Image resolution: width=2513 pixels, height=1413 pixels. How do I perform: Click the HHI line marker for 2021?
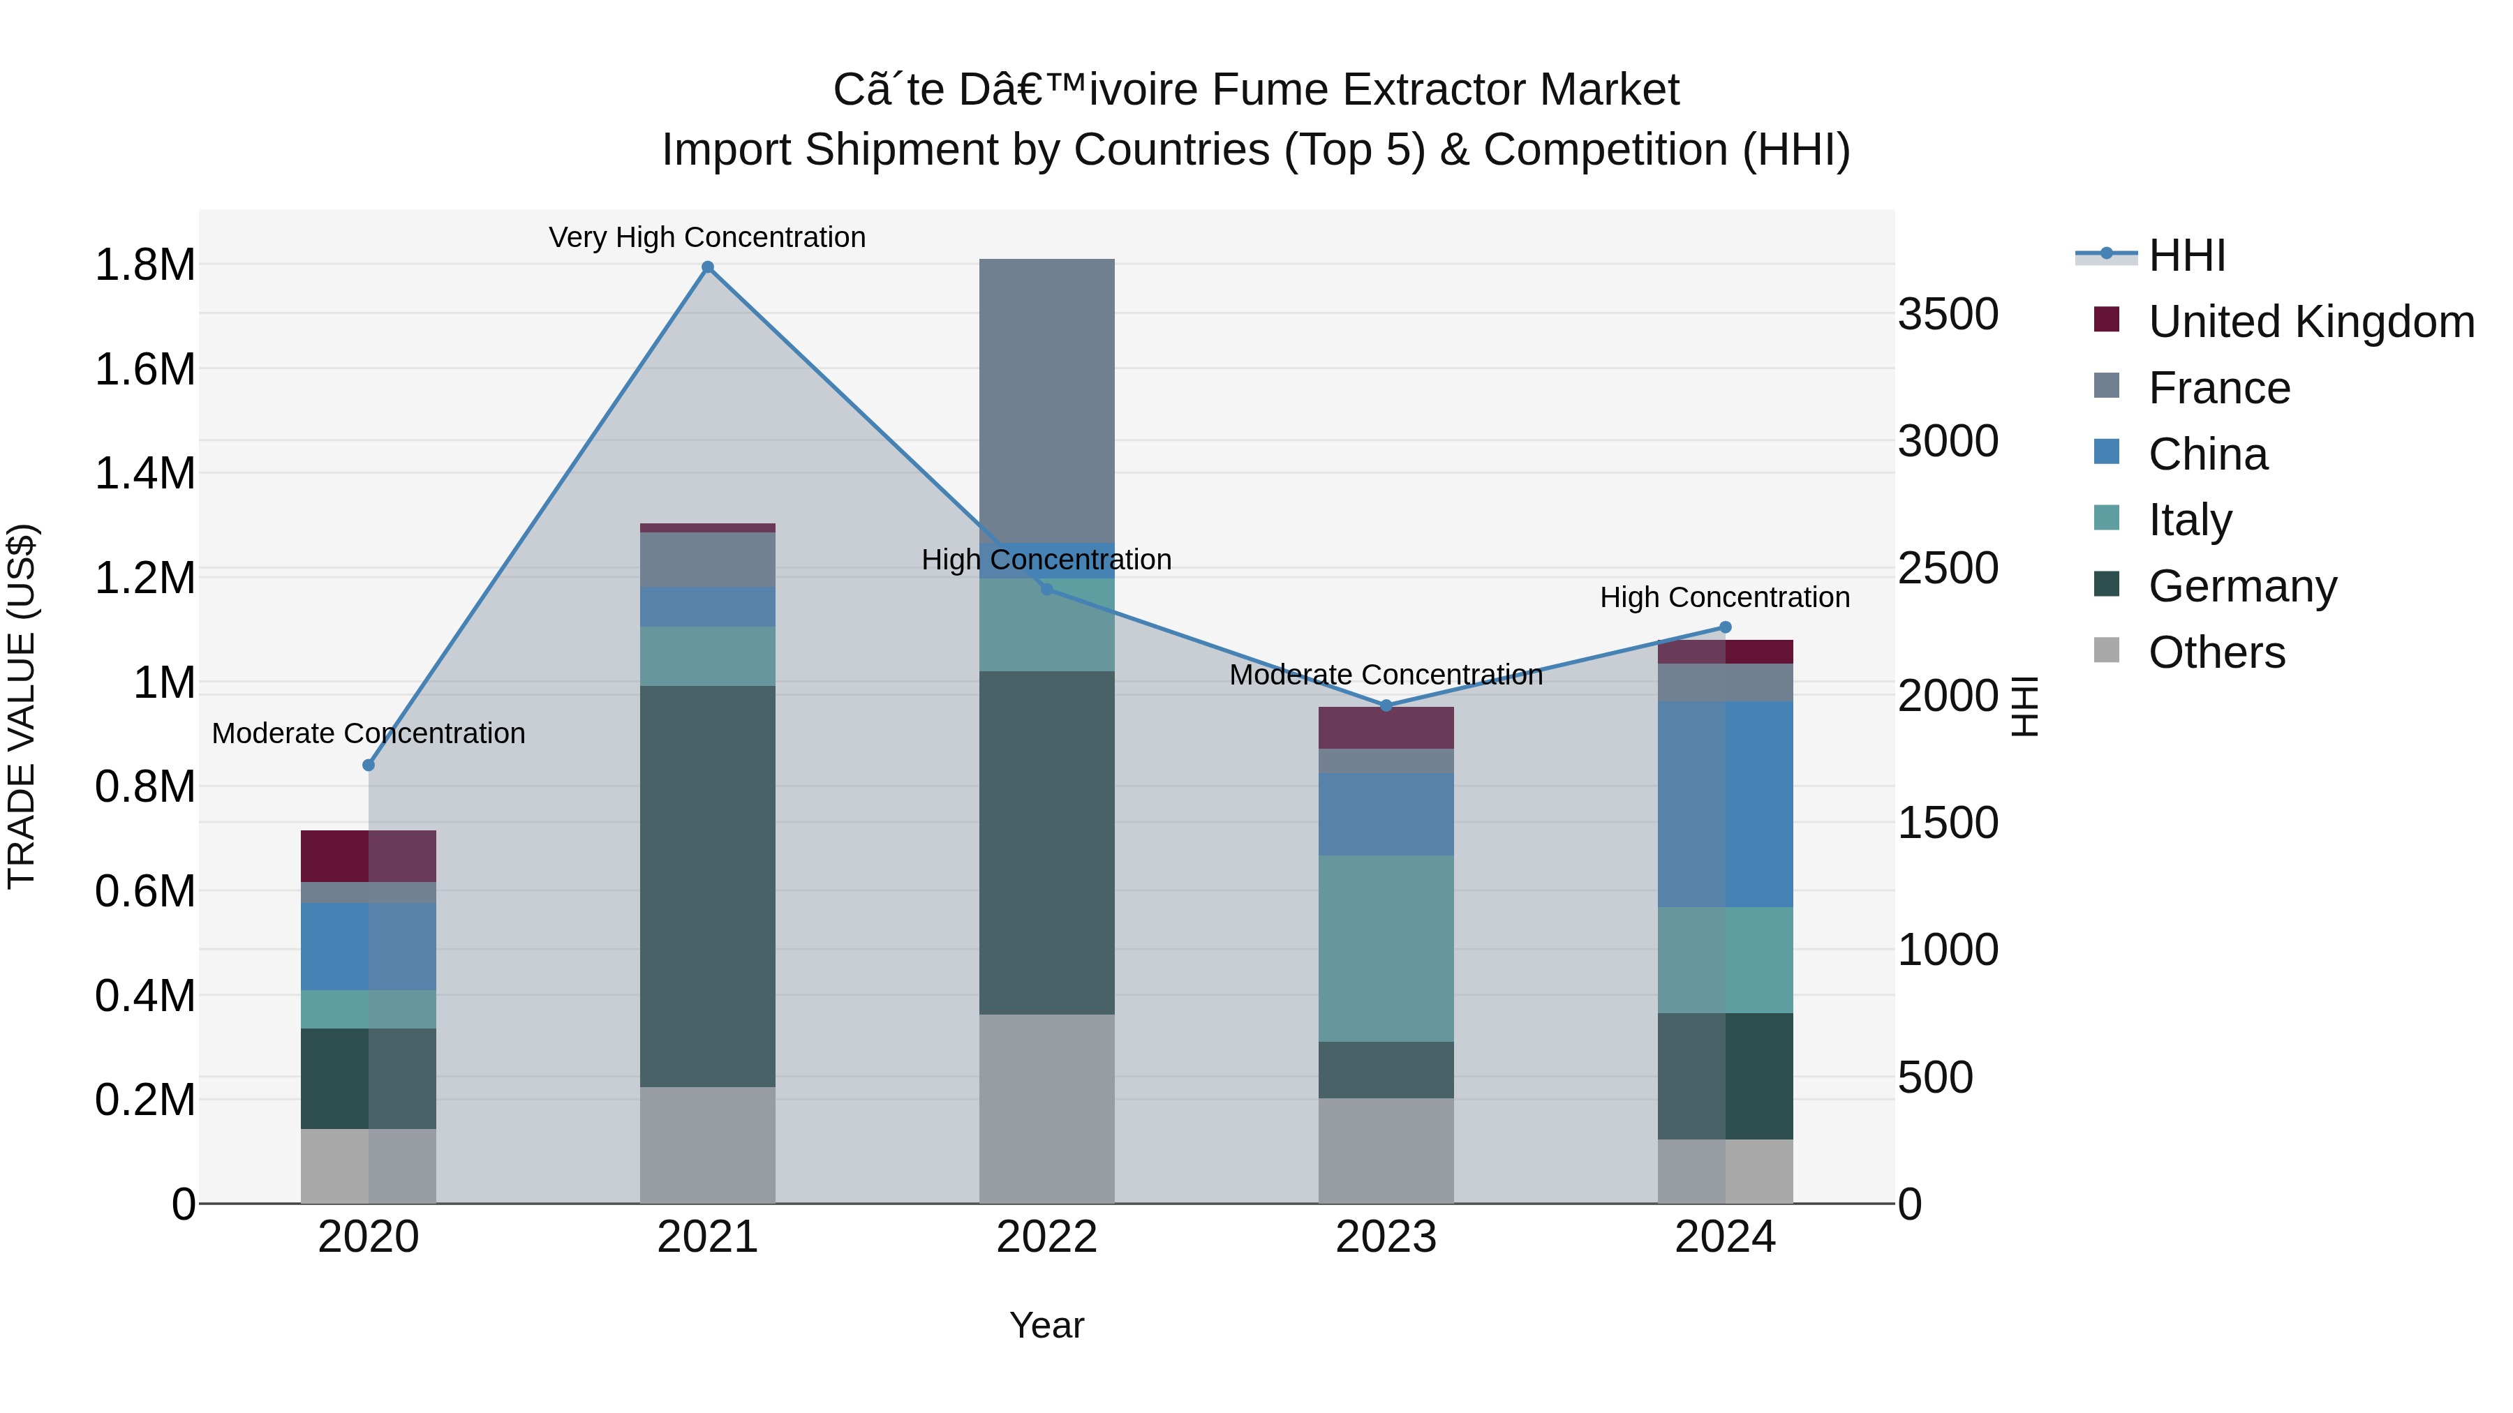tap(707, 267)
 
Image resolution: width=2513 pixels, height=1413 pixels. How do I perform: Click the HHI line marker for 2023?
tap(1386, 705)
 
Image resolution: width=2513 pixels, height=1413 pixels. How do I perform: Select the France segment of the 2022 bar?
tap(1047, 400)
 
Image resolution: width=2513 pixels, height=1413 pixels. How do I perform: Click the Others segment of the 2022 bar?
tap(1047, 1109)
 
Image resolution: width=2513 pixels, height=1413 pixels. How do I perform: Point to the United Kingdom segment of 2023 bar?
tap(1386, 728)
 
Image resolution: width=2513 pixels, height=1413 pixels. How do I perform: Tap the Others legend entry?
tap(2216, 652)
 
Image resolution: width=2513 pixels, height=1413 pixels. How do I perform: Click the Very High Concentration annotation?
tap(707, 237)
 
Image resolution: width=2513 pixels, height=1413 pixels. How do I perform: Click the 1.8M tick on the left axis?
tap(144, 265)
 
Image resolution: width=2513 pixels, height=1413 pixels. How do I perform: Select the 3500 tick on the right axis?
tap(1947, 314)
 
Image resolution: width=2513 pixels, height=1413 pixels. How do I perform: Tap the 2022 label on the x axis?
tap(1047, 1237)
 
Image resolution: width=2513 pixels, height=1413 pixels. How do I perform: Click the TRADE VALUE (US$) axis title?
tap(22, 706)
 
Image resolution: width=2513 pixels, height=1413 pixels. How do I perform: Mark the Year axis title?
tap(1047, 1325)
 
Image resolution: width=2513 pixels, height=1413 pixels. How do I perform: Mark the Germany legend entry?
tap(2241, 586)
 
